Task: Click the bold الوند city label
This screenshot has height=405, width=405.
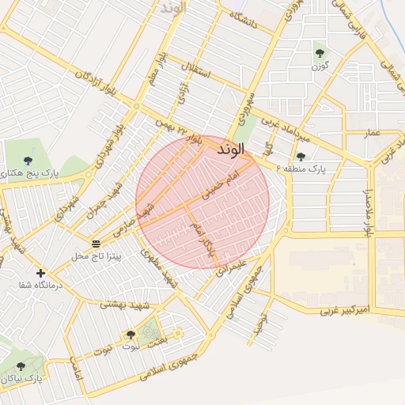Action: click(229, 148)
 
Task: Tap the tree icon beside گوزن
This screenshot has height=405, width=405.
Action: click(320, 53)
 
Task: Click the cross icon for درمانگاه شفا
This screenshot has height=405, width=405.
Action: click(40, 273)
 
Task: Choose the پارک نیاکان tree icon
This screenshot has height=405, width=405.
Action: click(21, 366)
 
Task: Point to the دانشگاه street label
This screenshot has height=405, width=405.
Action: click(244, 19)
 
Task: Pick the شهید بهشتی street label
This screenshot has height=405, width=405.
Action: click(127, 303)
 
